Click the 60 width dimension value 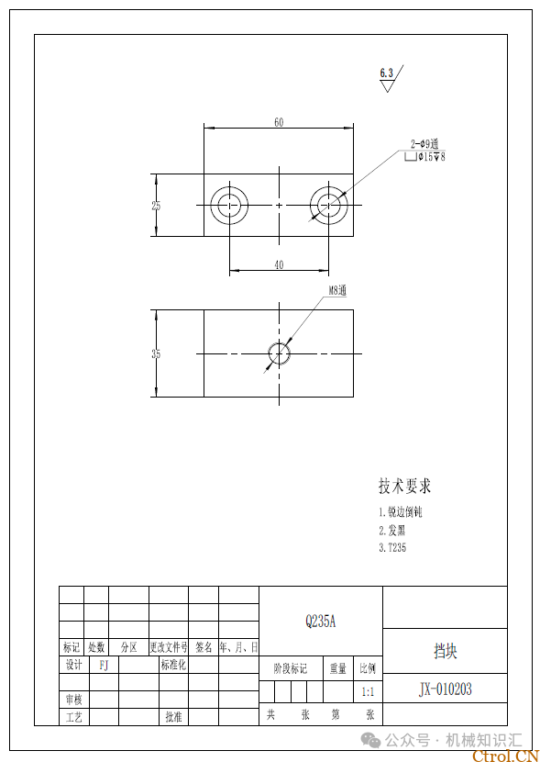point(279,121)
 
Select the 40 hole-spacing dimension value point(279,264)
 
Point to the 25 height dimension point(156,206)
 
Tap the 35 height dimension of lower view point(156,353)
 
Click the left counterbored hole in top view point(229,205)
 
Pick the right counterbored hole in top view point(328,205)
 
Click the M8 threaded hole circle point(279,353)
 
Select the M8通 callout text point(337,291)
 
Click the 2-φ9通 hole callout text point(426,144)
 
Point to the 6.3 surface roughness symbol point(388,77)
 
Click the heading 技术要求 point(404,486)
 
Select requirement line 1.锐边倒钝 point(400,511)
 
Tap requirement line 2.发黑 point(391,530)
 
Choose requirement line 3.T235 point(392,548)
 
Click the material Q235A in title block point(321,622)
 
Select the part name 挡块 point(446,651)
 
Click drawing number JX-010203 point(446,689)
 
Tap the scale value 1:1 point(367,691)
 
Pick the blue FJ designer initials point(104,665)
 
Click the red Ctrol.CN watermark point(503,756)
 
